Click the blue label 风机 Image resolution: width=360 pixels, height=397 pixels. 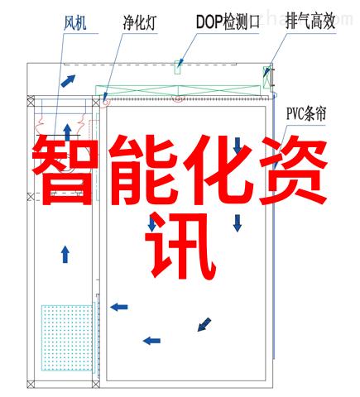(x=75, y=23)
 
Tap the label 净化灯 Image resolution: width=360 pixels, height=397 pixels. (x=140, y=23)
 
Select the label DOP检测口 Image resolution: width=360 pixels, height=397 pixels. (x=228, y=22)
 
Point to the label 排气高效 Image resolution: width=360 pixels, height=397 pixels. (x=310, y=22)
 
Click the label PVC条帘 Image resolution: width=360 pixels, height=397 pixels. (x=306, y=113)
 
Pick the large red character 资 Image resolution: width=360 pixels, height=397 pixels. (x=295, y=170)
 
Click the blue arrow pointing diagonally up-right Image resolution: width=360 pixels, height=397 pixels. (x=68, y=81)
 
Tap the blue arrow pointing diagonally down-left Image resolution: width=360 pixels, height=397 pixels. (x=204, y=324)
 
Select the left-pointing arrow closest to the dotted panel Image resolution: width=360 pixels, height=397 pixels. (x=119, y=307)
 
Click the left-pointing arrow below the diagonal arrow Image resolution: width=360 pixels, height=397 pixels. (x=151, y=341)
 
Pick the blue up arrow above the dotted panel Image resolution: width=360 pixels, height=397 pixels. (x=65, y=255)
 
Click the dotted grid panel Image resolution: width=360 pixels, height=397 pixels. (x=67, y=337)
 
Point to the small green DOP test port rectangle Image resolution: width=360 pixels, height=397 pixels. (x=178, y=68)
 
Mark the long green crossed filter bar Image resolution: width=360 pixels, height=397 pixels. (x=178, y=90)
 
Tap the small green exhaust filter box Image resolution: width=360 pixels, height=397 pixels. (x=266, y=78)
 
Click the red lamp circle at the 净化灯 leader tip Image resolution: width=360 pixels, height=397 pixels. (x=106, y=103)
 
